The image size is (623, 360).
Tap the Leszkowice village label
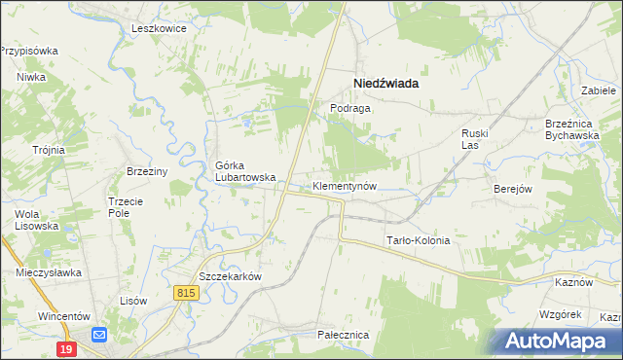(x=159, y=28)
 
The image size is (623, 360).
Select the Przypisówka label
(x=29, y=50)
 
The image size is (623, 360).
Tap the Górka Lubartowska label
(x=245, y=171)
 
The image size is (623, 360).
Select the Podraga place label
(x=349, y=109)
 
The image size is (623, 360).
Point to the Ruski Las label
(x=474, y=138)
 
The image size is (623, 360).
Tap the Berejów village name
(x=512, y=189)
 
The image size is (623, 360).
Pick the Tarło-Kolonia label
(x=419, y=240)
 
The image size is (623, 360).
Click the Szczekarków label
(x=231, y=276)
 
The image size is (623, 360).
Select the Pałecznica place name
(x=343, y=334)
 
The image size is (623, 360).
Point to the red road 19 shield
(x=66, y=348)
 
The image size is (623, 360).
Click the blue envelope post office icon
(x=99, y=335)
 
